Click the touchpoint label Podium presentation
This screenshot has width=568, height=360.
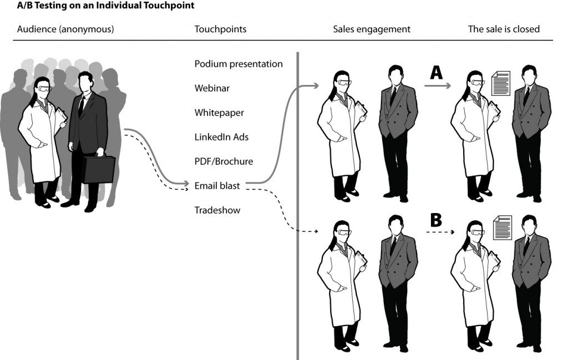(239, 64)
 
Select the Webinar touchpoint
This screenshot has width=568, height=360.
(212, 88)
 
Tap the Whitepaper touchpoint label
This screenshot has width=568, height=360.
(219, 113)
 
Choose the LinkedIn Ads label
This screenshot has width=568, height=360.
(221, 137)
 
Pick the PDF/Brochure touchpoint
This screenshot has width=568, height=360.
(224, 161)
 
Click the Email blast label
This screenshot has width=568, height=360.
(217, 186)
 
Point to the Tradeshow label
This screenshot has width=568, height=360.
(217, 210)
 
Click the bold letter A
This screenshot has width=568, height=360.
(437, 72)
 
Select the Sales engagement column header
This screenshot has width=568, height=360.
(372, 29)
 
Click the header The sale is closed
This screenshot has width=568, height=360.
(504, 29)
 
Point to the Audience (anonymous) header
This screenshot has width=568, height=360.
(65, 29)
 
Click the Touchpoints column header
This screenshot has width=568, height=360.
(220, 29)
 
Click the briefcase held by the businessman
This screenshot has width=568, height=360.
(99, 169)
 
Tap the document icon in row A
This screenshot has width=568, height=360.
(501, 83)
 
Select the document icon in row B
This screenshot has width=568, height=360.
(502, 228)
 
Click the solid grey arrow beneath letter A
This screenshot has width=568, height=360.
(437, 86)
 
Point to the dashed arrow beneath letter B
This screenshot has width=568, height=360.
(437, 232)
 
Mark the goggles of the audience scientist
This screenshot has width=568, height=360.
(44, 88)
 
